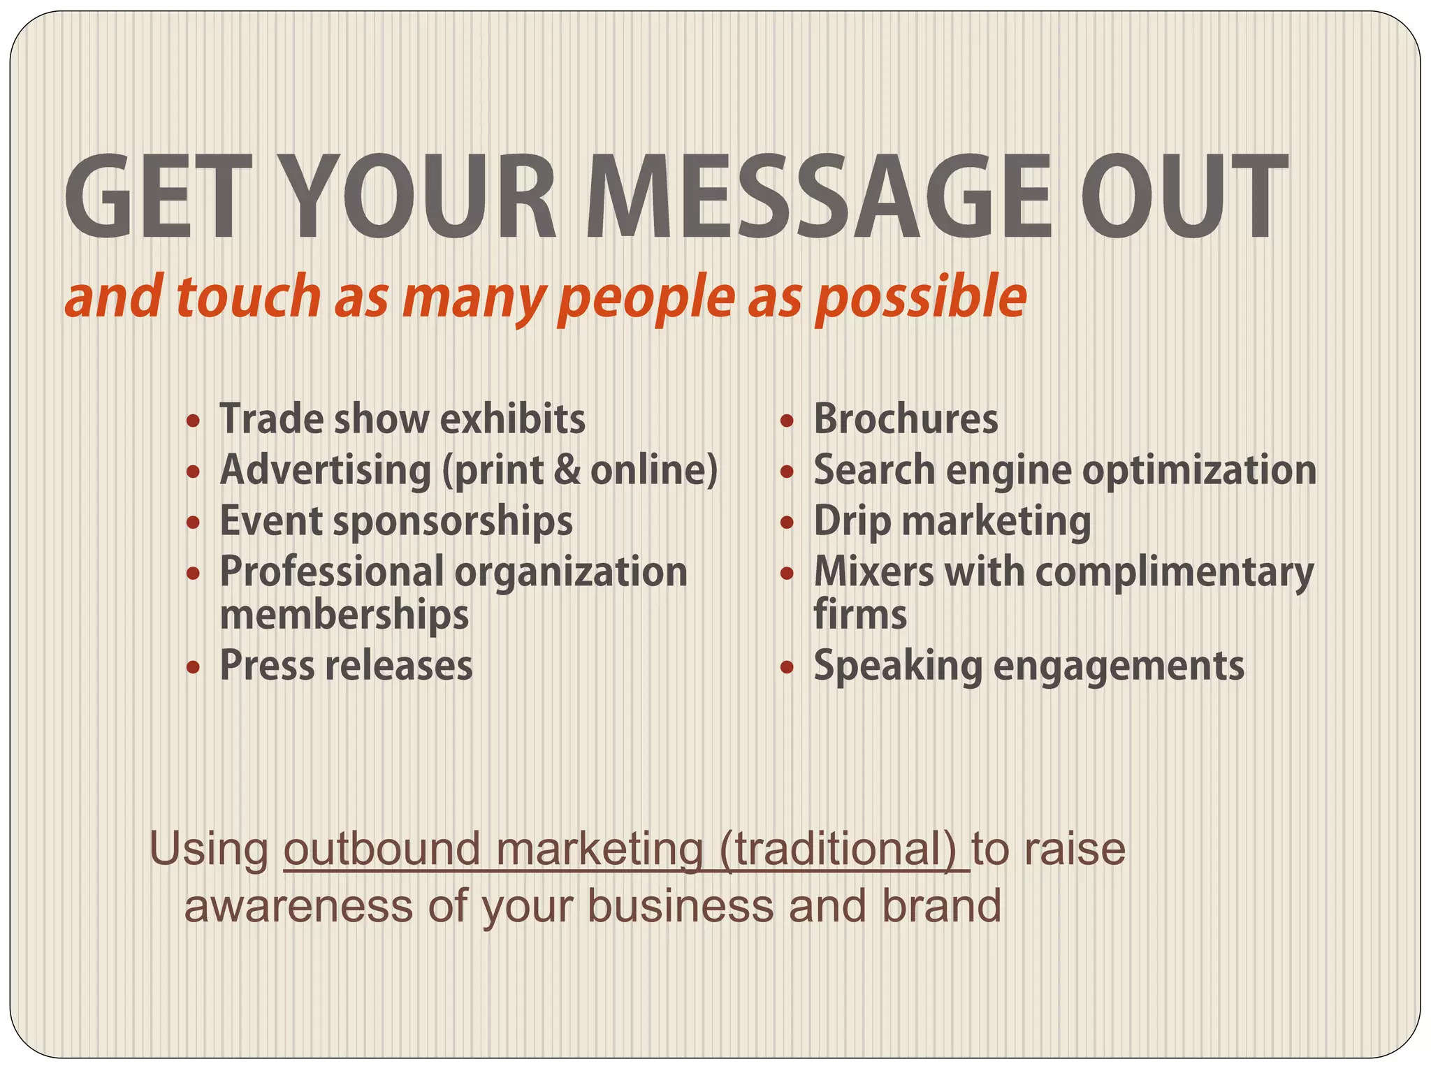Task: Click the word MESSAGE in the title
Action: [x=818, y=197]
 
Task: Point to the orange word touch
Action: [x=248, y=297]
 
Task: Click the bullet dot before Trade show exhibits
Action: [x=194, y=421]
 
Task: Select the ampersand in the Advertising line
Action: [x=567, y=470]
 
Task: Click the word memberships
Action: [x=344, y=615]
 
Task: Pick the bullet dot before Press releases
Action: [x=194, y=667]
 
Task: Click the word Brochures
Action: [x=906, y=419]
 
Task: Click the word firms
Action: [x=860, y=615]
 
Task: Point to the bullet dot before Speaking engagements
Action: [x=787, y=667]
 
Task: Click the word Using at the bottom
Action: [x=209, y=850]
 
